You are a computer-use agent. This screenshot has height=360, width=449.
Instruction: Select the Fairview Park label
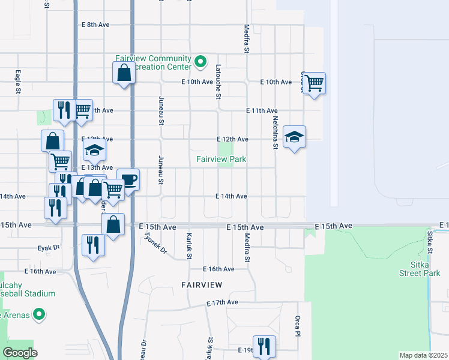click(x=221, y=159)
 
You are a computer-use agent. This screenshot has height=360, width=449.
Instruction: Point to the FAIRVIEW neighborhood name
click(x=202, y=284)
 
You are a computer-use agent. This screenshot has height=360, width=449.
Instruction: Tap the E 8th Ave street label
click(x=95, y=25)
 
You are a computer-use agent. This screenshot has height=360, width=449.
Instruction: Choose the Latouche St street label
click(x=218, y=82)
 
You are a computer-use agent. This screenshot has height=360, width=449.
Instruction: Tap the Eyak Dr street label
click(x=49, y=247)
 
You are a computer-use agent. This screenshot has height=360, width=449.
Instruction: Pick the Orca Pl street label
click(x=297, y=326)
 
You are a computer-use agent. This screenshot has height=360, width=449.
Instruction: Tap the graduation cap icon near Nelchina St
click(x=294, y=137)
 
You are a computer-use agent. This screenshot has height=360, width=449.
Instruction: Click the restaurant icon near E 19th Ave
click(x=264, y=346)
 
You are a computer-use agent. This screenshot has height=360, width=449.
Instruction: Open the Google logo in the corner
click(x=20, y=353)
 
